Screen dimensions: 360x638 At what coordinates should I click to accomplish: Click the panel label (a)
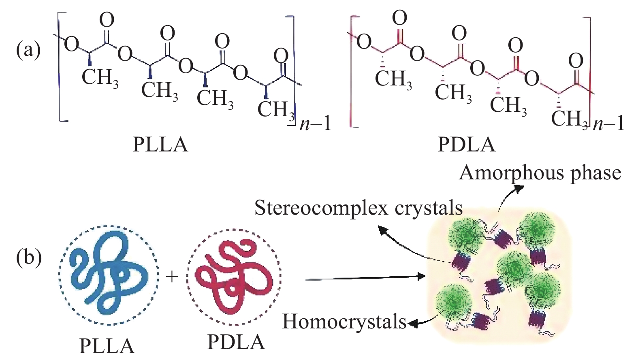point(28,50)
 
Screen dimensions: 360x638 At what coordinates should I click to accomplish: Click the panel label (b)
point(29,258)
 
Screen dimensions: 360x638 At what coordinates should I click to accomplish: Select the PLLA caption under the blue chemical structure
point(160,145)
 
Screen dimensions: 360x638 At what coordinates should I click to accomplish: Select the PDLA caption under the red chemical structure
point(466,145)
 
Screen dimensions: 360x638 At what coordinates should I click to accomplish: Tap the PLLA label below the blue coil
point(107,345)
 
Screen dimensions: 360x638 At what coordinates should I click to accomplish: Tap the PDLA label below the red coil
point(236,342)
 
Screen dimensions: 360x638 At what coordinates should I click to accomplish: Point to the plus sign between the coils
point(172,277)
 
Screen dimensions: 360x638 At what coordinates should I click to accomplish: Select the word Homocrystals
point(344,322)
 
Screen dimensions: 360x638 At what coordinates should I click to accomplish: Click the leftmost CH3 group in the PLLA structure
point(100,77)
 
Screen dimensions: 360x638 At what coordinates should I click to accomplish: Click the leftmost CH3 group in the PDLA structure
point(393,78)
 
